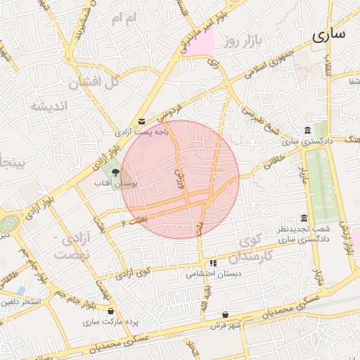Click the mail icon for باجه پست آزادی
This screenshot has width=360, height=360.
coord(142,122)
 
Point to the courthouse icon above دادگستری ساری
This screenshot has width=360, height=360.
coord(308,130)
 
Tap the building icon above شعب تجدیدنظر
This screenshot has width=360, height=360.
coord(304,218)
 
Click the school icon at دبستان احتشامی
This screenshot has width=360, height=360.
coord(213,263)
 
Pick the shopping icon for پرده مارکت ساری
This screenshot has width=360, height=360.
coord(111,311)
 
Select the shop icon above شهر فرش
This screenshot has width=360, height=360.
coord(224,314)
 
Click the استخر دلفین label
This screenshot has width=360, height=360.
coord(21,302)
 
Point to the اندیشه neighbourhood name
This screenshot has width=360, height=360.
coord(48,107)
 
